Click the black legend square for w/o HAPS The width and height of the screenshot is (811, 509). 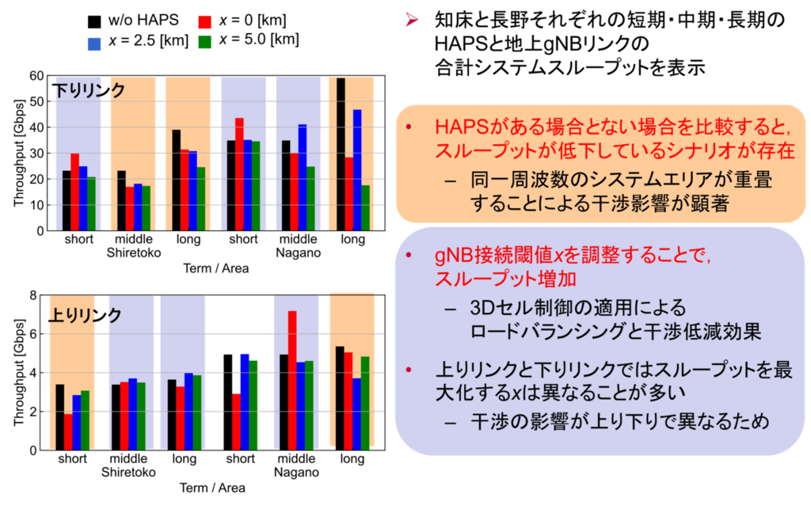[x=94, y=21]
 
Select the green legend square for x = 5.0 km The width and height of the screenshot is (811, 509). [x=205, y=42]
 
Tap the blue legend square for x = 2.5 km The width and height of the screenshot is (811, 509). [x=94, y=44]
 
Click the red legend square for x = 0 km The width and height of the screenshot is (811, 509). [x=205, y=21]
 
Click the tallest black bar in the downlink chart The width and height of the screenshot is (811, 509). [x=341, y=154]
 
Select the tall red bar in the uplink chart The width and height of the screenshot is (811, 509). [x=292, y=380]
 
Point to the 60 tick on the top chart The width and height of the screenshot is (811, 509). [x=36, y=76]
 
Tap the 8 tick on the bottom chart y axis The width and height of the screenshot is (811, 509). [x=33, y=295]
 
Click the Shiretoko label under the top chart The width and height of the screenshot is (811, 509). [x=133, y=253]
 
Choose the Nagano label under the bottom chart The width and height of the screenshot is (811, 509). [x=296, y=473]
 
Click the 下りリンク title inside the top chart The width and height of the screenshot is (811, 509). [x=89, y=90]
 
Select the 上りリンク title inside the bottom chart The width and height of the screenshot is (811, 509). [x=85, y=315]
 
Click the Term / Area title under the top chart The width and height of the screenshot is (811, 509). [x=215, y=268]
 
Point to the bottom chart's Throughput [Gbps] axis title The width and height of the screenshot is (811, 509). [x=19, y=373]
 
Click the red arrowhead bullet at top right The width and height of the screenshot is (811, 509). [x=412, y=21]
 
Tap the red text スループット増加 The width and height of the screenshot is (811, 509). [x=505, y=279]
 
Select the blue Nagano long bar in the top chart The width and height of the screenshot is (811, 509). [x=357, y=170]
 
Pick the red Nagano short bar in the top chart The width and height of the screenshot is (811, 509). [x=239, y=174]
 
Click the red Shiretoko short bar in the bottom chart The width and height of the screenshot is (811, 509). [x=68, y=432]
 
